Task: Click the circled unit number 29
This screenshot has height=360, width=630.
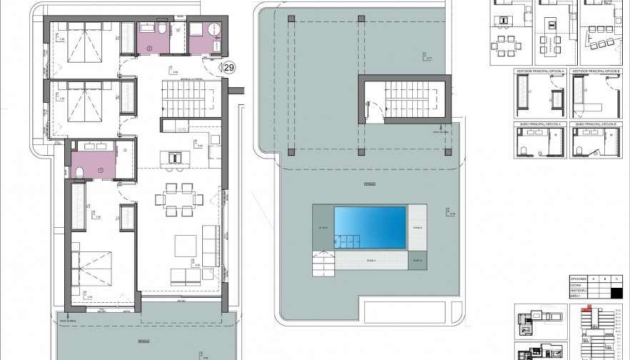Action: pos(229,68)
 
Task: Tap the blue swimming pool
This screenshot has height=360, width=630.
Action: pos(370,227)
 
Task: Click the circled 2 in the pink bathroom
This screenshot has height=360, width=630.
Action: pos(149,49)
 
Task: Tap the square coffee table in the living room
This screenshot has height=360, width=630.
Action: pos(185,245)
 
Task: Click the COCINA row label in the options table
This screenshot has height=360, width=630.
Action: pos(576,284)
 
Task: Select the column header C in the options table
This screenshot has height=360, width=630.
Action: pos(618,279)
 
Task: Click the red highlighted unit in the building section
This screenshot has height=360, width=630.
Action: pos(588,308)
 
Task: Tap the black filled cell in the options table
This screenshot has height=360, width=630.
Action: pos(618,291)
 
